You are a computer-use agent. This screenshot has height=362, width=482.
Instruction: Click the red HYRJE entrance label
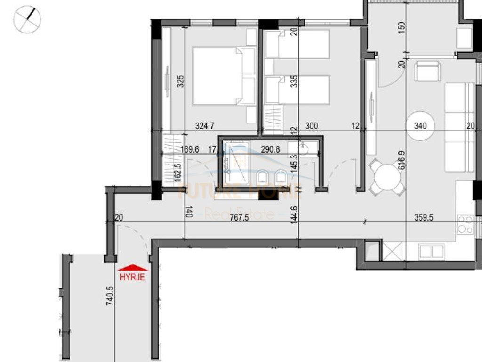click(x=132, y=277)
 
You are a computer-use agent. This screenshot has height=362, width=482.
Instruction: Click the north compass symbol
click(x=27, y=19)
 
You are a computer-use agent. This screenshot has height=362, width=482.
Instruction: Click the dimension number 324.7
click(x=205, y=126)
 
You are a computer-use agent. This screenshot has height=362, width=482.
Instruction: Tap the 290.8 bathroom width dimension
click(x=270, y=149)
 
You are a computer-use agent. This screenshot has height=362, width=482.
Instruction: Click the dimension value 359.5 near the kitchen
click(x=424, y=218)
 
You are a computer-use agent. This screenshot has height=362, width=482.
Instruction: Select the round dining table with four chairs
click(x=386, y=178)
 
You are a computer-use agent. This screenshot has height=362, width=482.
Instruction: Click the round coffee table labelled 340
click(x=420, y=125)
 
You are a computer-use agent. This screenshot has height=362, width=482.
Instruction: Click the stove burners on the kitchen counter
click(x=465, y=224)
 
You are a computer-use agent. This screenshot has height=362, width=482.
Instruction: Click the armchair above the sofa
click(x=427, y=71)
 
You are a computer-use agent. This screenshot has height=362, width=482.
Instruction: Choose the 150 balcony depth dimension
click(x=401, y=27)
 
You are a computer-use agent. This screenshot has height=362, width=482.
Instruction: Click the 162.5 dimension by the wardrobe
click(x=177, y=172)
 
